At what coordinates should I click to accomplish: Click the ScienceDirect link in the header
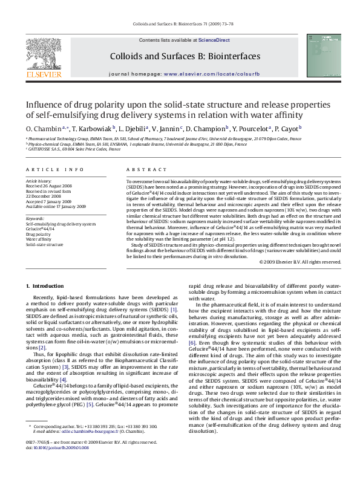pos(214,40)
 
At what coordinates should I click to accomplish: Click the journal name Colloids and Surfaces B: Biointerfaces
pos(185,56)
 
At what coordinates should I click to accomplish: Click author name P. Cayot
pos(287,129)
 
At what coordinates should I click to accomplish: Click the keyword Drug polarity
pos(38,234)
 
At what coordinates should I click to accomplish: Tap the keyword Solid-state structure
pos(44,245)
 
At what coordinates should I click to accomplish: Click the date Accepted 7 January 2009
pos(50,201)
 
